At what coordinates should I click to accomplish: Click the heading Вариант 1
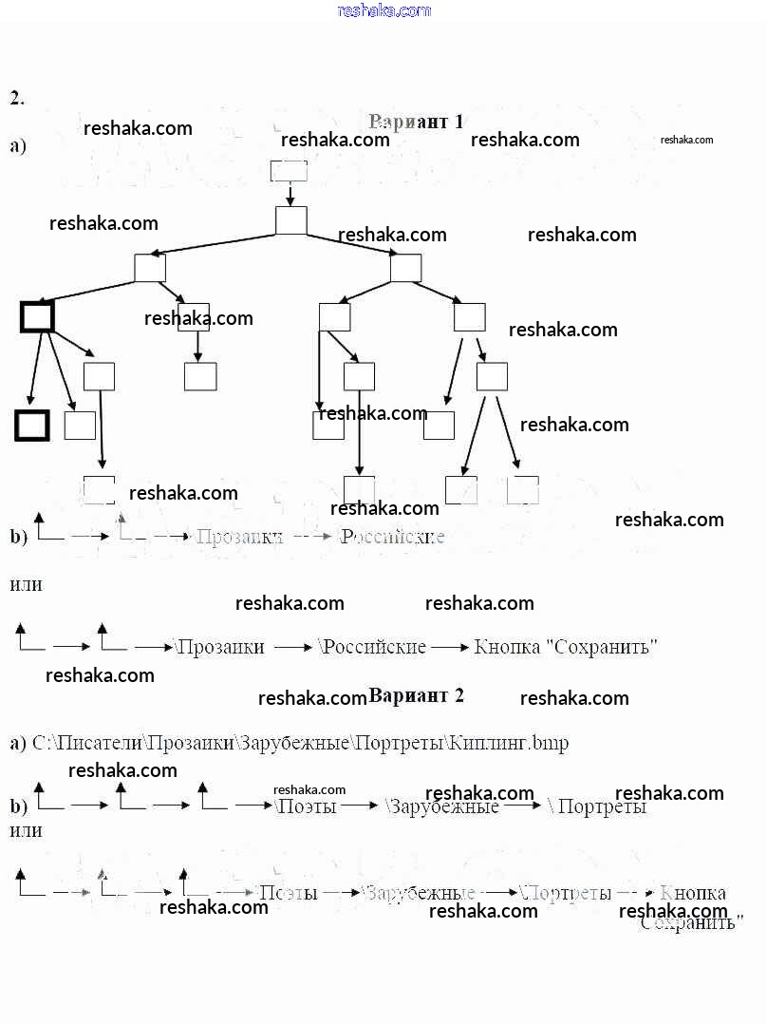[416, 122]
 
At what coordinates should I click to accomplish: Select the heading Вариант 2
[416, 695]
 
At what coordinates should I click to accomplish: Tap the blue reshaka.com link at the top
[383, 10]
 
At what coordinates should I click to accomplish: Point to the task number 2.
[17, 98]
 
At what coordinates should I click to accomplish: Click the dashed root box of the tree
[289, 170]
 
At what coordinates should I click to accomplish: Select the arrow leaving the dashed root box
[290, 194]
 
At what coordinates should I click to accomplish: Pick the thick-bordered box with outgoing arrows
[37, 316]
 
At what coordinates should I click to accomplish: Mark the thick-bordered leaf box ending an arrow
[31, 426]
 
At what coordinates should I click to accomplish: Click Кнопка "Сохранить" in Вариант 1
[566, 647]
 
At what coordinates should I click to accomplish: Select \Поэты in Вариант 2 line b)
[306, 806]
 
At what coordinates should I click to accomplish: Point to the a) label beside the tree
[18, 146]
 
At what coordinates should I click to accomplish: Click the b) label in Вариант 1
[18, 537]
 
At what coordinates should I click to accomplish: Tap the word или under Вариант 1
[26, 585]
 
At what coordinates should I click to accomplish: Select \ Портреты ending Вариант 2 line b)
[598, 806]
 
